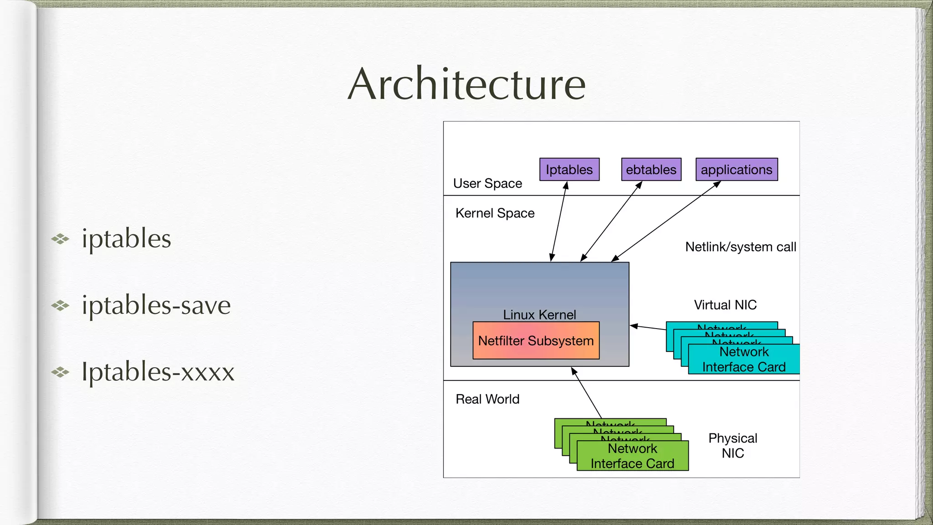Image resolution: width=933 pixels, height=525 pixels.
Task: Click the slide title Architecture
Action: coord(466,84)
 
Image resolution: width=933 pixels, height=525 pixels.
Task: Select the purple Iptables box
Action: coord(569,170)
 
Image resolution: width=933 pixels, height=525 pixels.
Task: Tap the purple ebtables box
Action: coord(651,170)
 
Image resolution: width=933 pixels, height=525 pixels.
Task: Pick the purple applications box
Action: coord(736,170)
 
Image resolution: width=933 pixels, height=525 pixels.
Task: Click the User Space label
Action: coord(487,183)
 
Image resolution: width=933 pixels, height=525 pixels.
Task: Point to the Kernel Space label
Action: coord(495,213)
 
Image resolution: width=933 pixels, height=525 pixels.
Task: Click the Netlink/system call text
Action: coord(740,247)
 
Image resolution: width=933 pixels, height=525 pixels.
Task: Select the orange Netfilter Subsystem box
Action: coord(536,341)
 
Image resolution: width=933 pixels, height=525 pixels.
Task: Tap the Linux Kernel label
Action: coord(539,314)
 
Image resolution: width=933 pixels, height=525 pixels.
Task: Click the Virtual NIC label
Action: coord(725,305)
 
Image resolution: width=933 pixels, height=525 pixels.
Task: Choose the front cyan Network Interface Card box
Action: coord(743,360)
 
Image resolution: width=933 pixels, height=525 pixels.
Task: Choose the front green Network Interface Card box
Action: coord(632,456)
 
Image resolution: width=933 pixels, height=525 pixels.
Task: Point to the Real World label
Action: coord(487,399)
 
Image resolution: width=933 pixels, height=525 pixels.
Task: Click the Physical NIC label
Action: coord(733,446)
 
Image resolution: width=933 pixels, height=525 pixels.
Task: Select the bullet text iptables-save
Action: coord(156,305)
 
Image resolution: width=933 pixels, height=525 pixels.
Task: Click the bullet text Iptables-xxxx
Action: coord(158,371)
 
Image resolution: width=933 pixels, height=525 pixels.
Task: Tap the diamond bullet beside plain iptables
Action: coord(60,239)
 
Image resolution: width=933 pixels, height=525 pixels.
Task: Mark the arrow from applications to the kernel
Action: coord(665,221)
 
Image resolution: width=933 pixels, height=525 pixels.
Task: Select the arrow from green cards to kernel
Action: coord(587,393)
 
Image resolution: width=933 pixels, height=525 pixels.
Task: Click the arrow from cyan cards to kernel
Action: coord(648,327)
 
